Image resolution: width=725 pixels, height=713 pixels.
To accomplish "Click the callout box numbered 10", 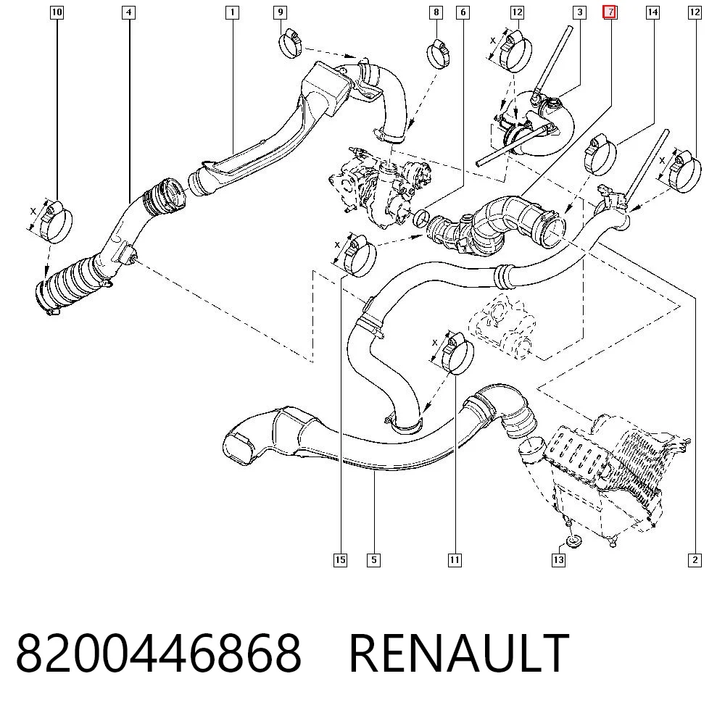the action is pos(57,12).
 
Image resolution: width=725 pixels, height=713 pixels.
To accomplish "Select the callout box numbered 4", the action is pos(128,12).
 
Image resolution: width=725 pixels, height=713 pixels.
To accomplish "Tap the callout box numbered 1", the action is pos(232,12).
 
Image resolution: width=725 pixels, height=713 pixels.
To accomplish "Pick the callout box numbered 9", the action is pos(280,12).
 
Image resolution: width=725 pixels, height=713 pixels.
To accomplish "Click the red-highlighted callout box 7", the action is pos(610,12).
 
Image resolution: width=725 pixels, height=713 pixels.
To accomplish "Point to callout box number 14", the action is pos(652,12).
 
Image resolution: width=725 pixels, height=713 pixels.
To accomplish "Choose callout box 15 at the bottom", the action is pos(340,560).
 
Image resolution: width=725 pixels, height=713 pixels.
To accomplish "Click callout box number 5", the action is pos(373,560).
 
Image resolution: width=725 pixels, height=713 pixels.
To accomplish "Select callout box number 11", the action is pos(455,560).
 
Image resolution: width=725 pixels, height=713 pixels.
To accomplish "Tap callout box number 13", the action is pos(558,560).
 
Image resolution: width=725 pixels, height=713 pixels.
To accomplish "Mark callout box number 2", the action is pos(695,560).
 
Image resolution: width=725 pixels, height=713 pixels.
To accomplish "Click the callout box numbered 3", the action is pos(579,12).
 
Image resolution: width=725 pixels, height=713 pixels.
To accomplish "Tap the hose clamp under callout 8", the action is pos(439,54).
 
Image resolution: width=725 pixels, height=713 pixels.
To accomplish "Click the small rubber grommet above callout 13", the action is pos(573,541).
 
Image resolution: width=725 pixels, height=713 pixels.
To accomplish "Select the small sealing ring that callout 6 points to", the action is pos(420,218).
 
